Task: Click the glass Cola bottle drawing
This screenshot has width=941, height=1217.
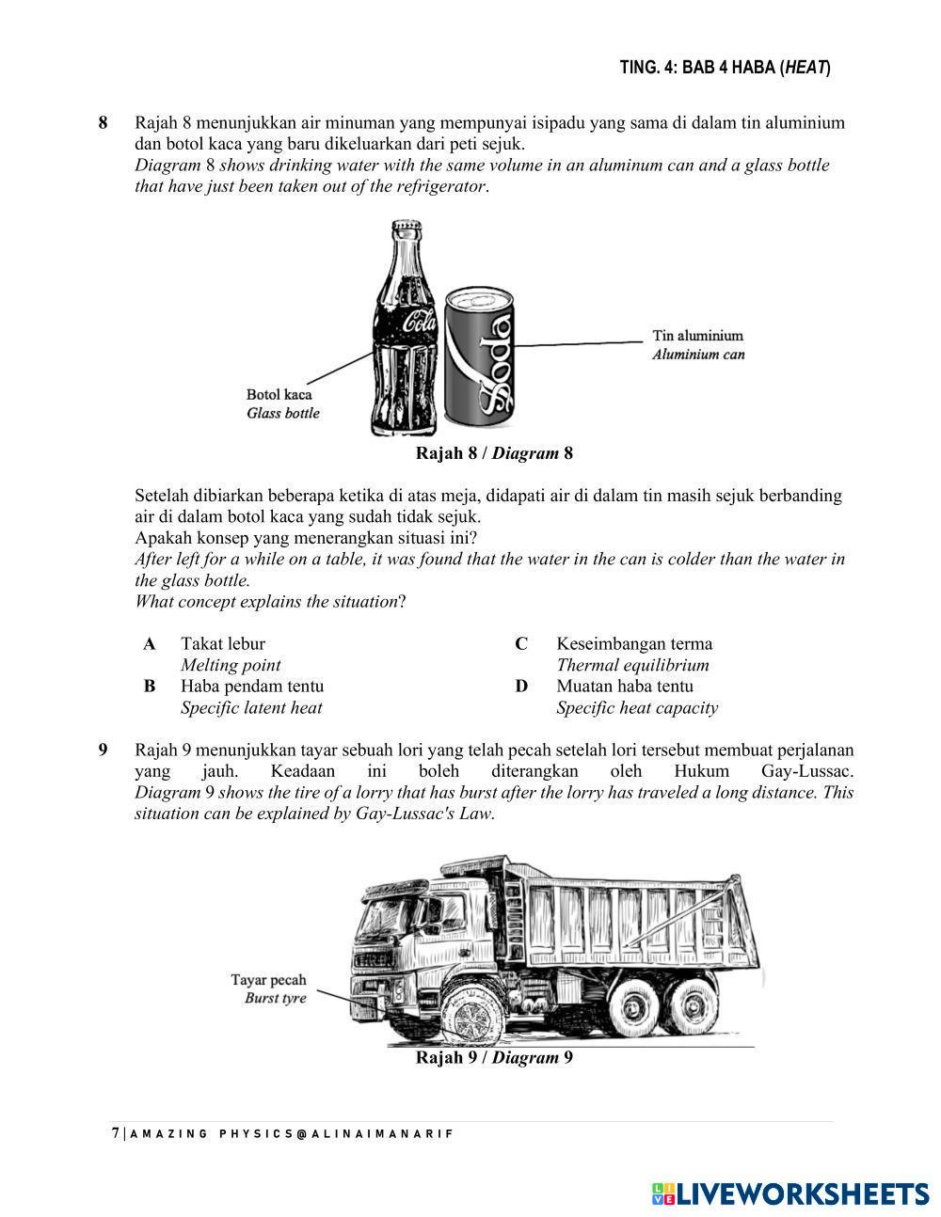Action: coord(406,339)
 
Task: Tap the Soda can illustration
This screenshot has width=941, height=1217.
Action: coord(481,357)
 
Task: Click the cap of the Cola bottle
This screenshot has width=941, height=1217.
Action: coord(406,229)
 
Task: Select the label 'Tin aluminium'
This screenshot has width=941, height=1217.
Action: coord(697,336)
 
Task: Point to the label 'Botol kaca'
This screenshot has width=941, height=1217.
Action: coord(279,395)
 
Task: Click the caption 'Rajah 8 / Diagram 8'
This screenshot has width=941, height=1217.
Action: coord(494,453)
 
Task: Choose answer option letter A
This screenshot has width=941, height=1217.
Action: coord(150,644)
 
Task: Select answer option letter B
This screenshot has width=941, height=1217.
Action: coord(150,687)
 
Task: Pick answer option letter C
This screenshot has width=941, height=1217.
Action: coord(521,644)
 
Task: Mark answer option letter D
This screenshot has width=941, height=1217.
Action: coord(521,687)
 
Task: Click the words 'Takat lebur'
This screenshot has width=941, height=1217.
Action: coord(223,644)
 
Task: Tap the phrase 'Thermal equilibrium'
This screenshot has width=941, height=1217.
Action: coord(632,666)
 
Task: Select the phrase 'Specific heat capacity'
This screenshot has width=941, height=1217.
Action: coord(636,708)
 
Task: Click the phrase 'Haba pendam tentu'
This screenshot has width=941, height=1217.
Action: coord(252,687)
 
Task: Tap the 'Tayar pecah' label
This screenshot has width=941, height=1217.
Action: coord(268,980)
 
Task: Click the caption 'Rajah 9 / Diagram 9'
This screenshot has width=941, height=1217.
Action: coord(494,1058)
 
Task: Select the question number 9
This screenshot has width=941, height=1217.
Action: coord(104,751)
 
